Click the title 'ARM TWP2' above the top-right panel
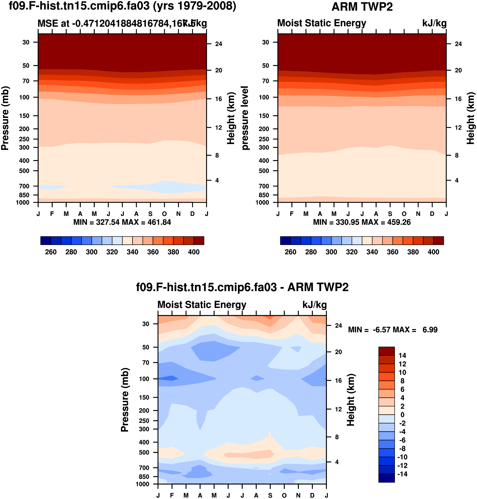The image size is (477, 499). (x=362, y=7)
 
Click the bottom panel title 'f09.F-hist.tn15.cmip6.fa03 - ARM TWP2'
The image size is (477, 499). (x=242, y=287)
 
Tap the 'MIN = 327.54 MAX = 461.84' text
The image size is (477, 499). (x=122, y=222)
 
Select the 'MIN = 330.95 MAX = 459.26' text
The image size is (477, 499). (x=362, y=222)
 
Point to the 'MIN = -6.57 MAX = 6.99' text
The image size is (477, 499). (x=393, y=330)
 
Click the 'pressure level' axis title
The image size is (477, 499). (x=245, y=118)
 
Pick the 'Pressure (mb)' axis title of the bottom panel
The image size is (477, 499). (x=125, y=400)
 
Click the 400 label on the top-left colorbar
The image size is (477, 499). (x=194, y=252)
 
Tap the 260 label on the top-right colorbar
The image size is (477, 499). (x=290, y=252)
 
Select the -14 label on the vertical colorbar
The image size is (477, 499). (x=402, y=474)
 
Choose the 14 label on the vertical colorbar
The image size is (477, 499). (x=402, y=355)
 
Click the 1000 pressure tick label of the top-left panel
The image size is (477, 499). (x=22, y=202)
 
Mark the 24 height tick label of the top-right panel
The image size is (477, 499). (x=458, y=44)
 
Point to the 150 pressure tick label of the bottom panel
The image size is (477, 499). (x=144, y=397)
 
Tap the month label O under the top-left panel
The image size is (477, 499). (x=164, y=214)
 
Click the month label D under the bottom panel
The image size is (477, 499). (x=312, y=495)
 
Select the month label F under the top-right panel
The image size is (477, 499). (x=292, y=214)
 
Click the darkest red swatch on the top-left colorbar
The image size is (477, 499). (x=199, y=240)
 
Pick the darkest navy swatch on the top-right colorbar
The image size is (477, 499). (x=285, y=240)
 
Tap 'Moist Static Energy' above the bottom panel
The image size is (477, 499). (x=202, y=305)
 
